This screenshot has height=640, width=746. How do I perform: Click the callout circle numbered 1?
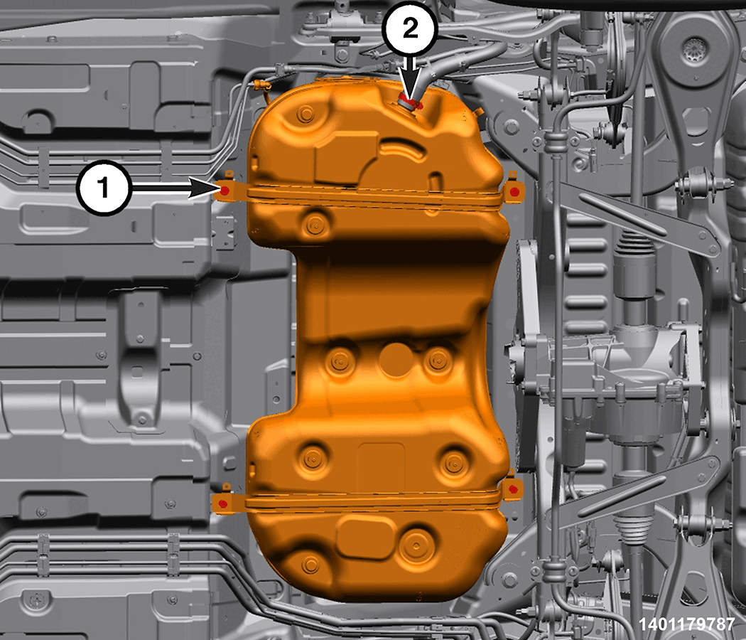click(x=104, y=187)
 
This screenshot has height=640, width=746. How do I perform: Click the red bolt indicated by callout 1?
click(x=225, y=191)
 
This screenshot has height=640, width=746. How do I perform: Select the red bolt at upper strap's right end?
click(x=514, y=191)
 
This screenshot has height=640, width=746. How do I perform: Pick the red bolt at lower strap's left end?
click(x=222, y=503)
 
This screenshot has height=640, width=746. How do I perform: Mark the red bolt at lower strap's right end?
click(x=513, y=489)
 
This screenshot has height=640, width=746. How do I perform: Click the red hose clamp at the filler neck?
click(x=410, y=102)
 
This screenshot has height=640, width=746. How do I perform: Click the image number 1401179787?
click(x=686, y=624)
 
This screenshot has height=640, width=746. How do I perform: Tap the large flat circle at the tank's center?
click(x=396, y=359)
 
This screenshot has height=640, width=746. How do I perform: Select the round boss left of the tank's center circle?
click(x=339, y=361)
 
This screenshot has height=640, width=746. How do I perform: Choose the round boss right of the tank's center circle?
click(x=438, y=361)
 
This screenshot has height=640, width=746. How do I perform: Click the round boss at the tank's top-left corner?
click(x=305, y=114)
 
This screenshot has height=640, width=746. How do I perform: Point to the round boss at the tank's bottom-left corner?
click(x=310, y=565)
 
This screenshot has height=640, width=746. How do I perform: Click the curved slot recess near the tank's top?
click(x=403, y=149)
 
